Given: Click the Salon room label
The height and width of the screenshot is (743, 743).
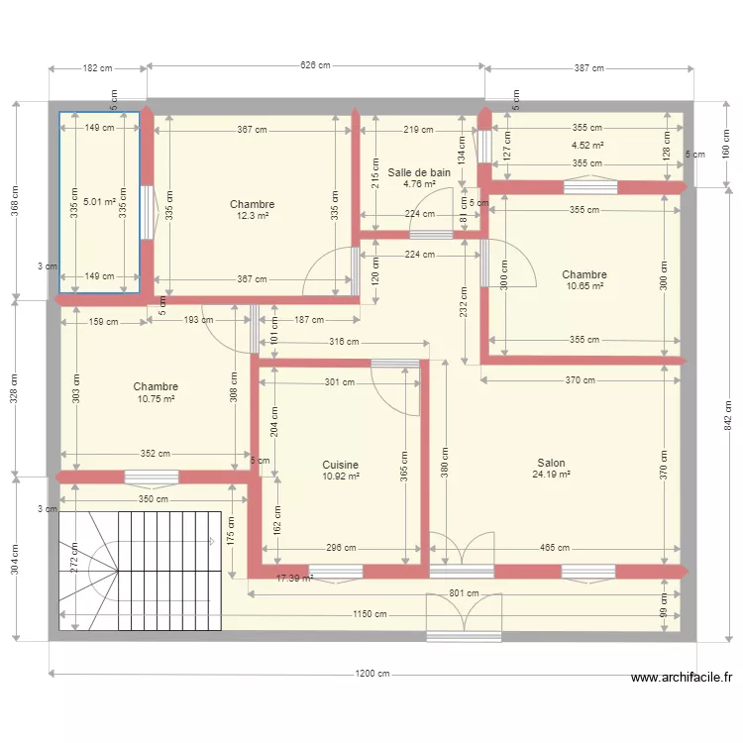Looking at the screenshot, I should pos(551,463).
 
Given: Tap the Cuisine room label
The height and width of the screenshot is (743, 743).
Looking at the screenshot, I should pos(340,464).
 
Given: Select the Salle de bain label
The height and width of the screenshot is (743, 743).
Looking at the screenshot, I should pos(419,172).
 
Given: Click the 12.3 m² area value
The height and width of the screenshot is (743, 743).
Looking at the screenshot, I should pos(253,216).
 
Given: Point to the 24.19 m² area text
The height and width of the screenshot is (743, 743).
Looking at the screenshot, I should pos(551,475).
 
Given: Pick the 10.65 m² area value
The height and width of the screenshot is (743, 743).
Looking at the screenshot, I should pos(584,286).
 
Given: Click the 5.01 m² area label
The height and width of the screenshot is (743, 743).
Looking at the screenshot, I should pos(100,202).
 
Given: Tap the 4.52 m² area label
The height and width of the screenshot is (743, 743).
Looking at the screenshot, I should pos(587,145).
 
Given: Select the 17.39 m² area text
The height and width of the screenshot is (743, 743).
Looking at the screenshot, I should pos(294,578).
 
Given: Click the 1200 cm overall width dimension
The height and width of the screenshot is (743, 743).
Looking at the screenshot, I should pos(371,675).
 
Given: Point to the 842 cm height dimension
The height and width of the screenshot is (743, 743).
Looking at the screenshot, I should pos(728,421).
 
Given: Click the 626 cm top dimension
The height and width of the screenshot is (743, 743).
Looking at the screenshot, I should pos(314,66).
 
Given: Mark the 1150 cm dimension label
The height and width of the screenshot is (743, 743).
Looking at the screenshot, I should pos(371,614).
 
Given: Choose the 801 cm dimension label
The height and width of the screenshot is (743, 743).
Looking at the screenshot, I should pos(463,593).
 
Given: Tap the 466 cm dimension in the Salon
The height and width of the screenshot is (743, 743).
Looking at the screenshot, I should pos(555,548).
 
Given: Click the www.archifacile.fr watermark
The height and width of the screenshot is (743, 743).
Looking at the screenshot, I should pos(681,679).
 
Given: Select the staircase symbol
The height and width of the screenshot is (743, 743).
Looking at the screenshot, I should pos(139,570).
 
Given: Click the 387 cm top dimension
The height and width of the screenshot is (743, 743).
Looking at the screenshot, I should pos(588,68).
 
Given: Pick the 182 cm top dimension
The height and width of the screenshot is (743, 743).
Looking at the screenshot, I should pos(97,68).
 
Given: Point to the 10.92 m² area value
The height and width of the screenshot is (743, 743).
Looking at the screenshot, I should pos(340,476).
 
